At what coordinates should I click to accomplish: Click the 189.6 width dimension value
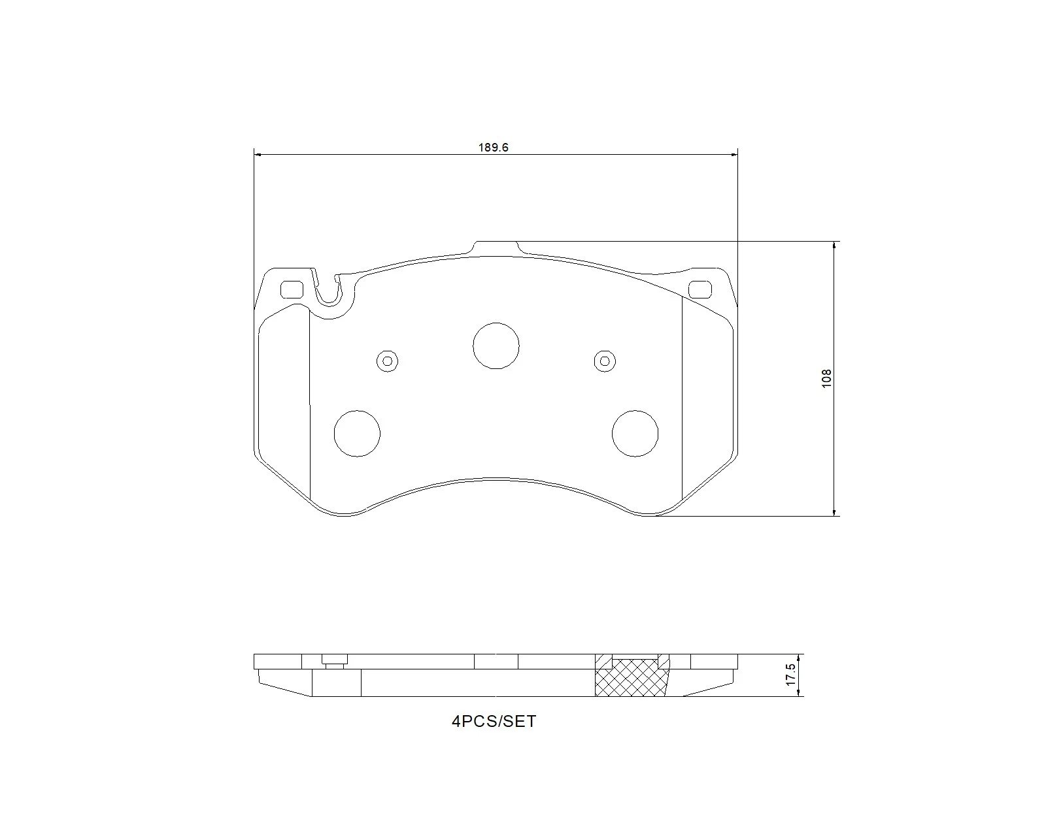pyautogui.click(x=493, y=148)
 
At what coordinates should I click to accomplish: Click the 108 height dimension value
pyautogui.click(x=826, y=379)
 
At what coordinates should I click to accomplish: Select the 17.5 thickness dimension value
pyautogui.click(x=790, y=675)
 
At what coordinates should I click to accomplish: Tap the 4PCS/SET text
pyautogui.click(x=494, y=722)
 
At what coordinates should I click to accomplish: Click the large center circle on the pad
pyautogui.click(x=496, y=346)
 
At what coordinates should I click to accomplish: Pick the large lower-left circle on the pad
pyautogui.click(x=357, y=433)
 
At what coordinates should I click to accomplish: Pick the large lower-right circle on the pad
pyautogui.click(x=635, y=433)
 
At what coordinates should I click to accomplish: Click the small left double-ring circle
pyautogui.click(x=388, y=361)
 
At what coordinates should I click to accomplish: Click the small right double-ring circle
pyautogui.click(x=605, y=361)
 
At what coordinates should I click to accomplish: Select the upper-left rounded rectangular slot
pyautogui.click(x=292, y=289)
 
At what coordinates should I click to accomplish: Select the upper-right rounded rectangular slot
pyautogui.click(x=701, y=289)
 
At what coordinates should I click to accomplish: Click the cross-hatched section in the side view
pyautogui.click(x=632, y=679)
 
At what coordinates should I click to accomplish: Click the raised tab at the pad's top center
pyautogui.click(x=496, y=247)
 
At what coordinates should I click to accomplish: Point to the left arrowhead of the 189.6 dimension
pyautogui.click(x=258, y=155)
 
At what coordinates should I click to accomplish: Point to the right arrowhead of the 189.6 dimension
pyautogui.click(x=734, y=155)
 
